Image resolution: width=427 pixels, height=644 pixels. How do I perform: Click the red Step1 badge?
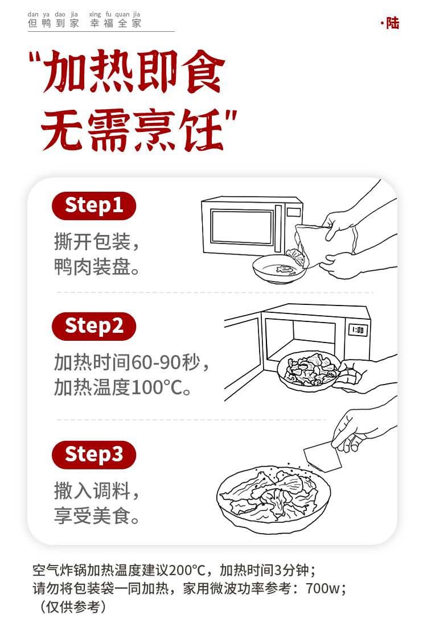point(94,206)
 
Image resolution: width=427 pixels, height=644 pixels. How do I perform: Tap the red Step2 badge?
point(94,327)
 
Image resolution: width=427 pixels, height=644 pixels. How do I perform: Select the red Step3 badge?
point(94,455)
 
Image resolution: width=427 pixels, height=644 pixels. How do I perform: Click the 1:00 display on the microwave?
point(358,330)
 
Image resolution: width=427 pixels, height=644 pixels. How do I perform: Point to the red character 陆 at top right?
point(393,23)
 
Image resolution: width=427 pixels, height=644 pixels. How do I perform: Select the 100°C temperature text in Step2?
point(157,387)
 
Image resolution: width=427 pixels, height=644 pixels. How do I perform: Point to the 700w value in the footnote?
point(323,588)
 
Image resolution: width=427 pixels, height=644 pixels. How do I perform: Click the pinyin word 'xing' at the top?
point(95,14)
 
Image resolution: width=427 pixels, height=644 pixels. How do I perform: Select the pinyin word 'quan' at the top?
point(122,14)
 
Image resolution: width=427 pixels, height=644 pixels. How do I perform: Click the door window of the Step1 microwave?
point(242,227)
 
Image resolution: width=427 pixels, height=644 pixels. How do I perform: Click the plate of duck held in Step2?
point(308,371)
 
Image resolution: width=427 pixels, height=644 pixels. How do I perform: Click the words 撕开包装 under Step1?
point(92,241)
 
